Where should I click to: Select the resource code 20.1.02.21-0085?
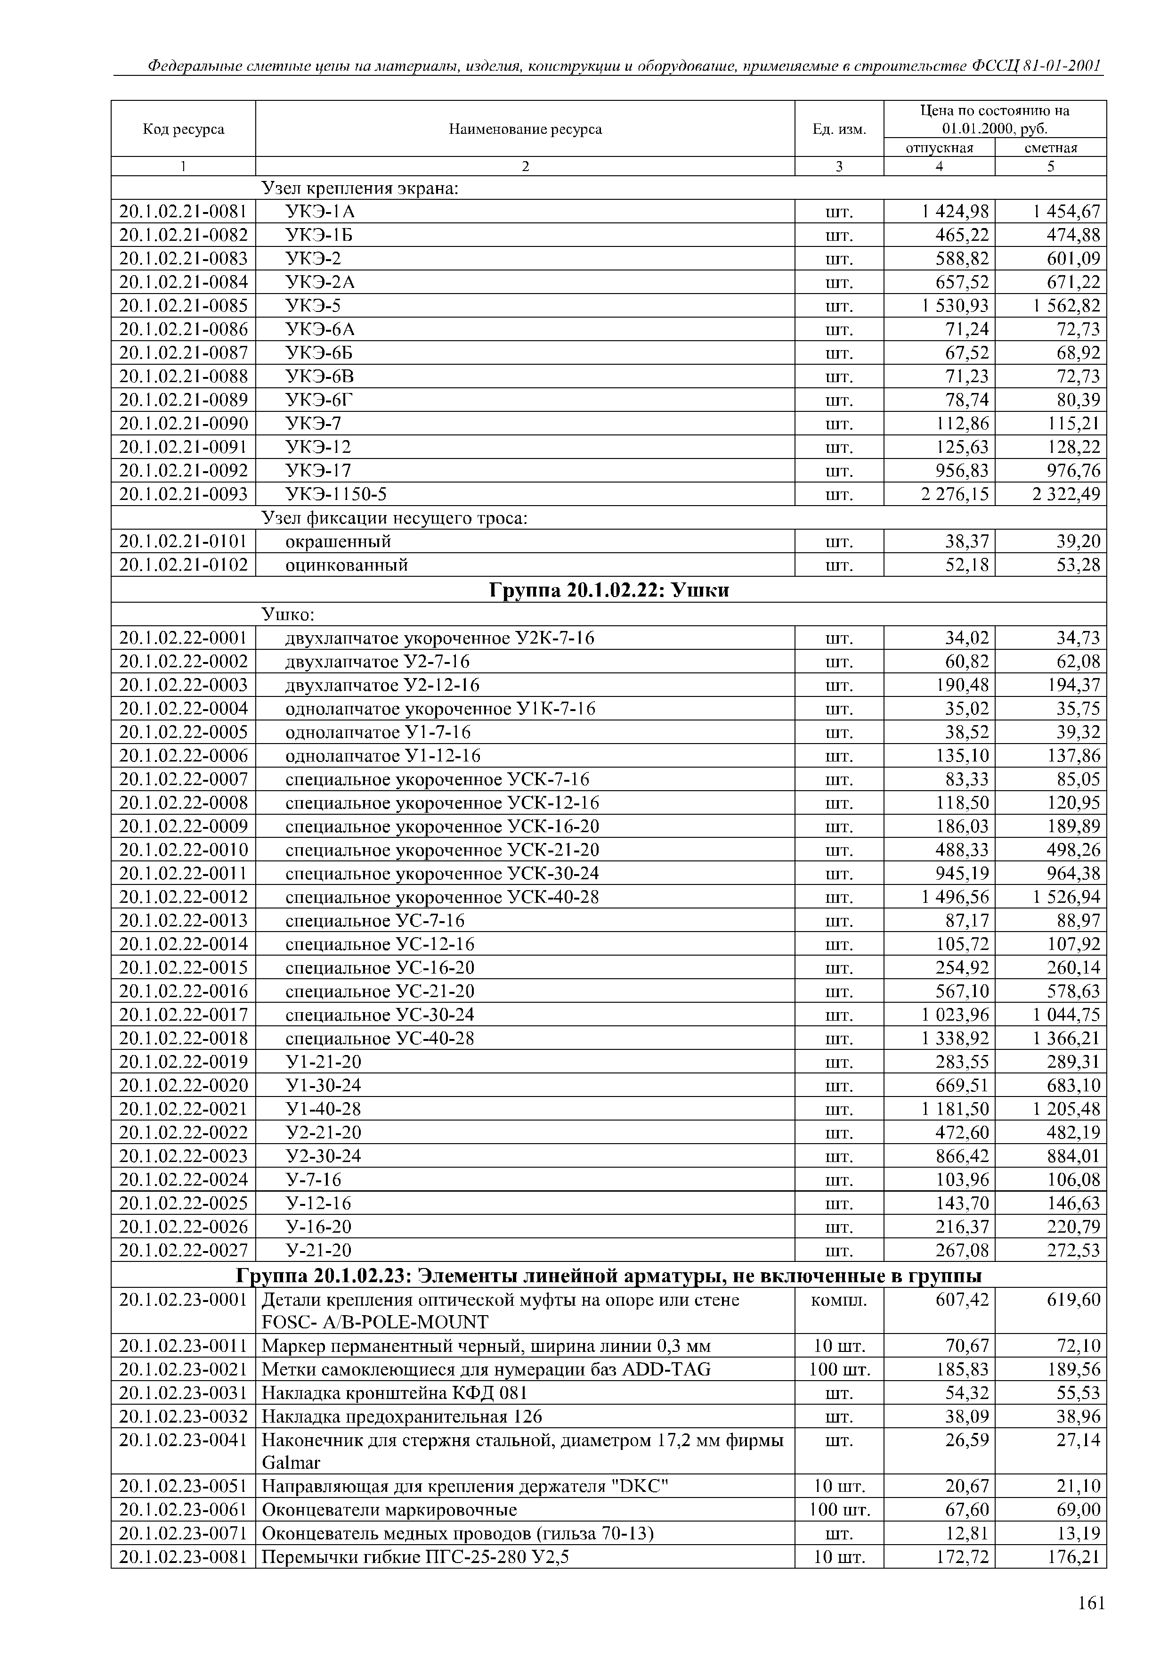tap(184, 306)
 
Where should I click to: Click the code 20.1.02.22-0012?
tap(184, 897)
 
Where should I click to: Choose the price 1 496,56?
tap(955, 897)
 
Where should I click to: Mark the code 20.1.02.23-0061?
tap(184, 1510)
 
